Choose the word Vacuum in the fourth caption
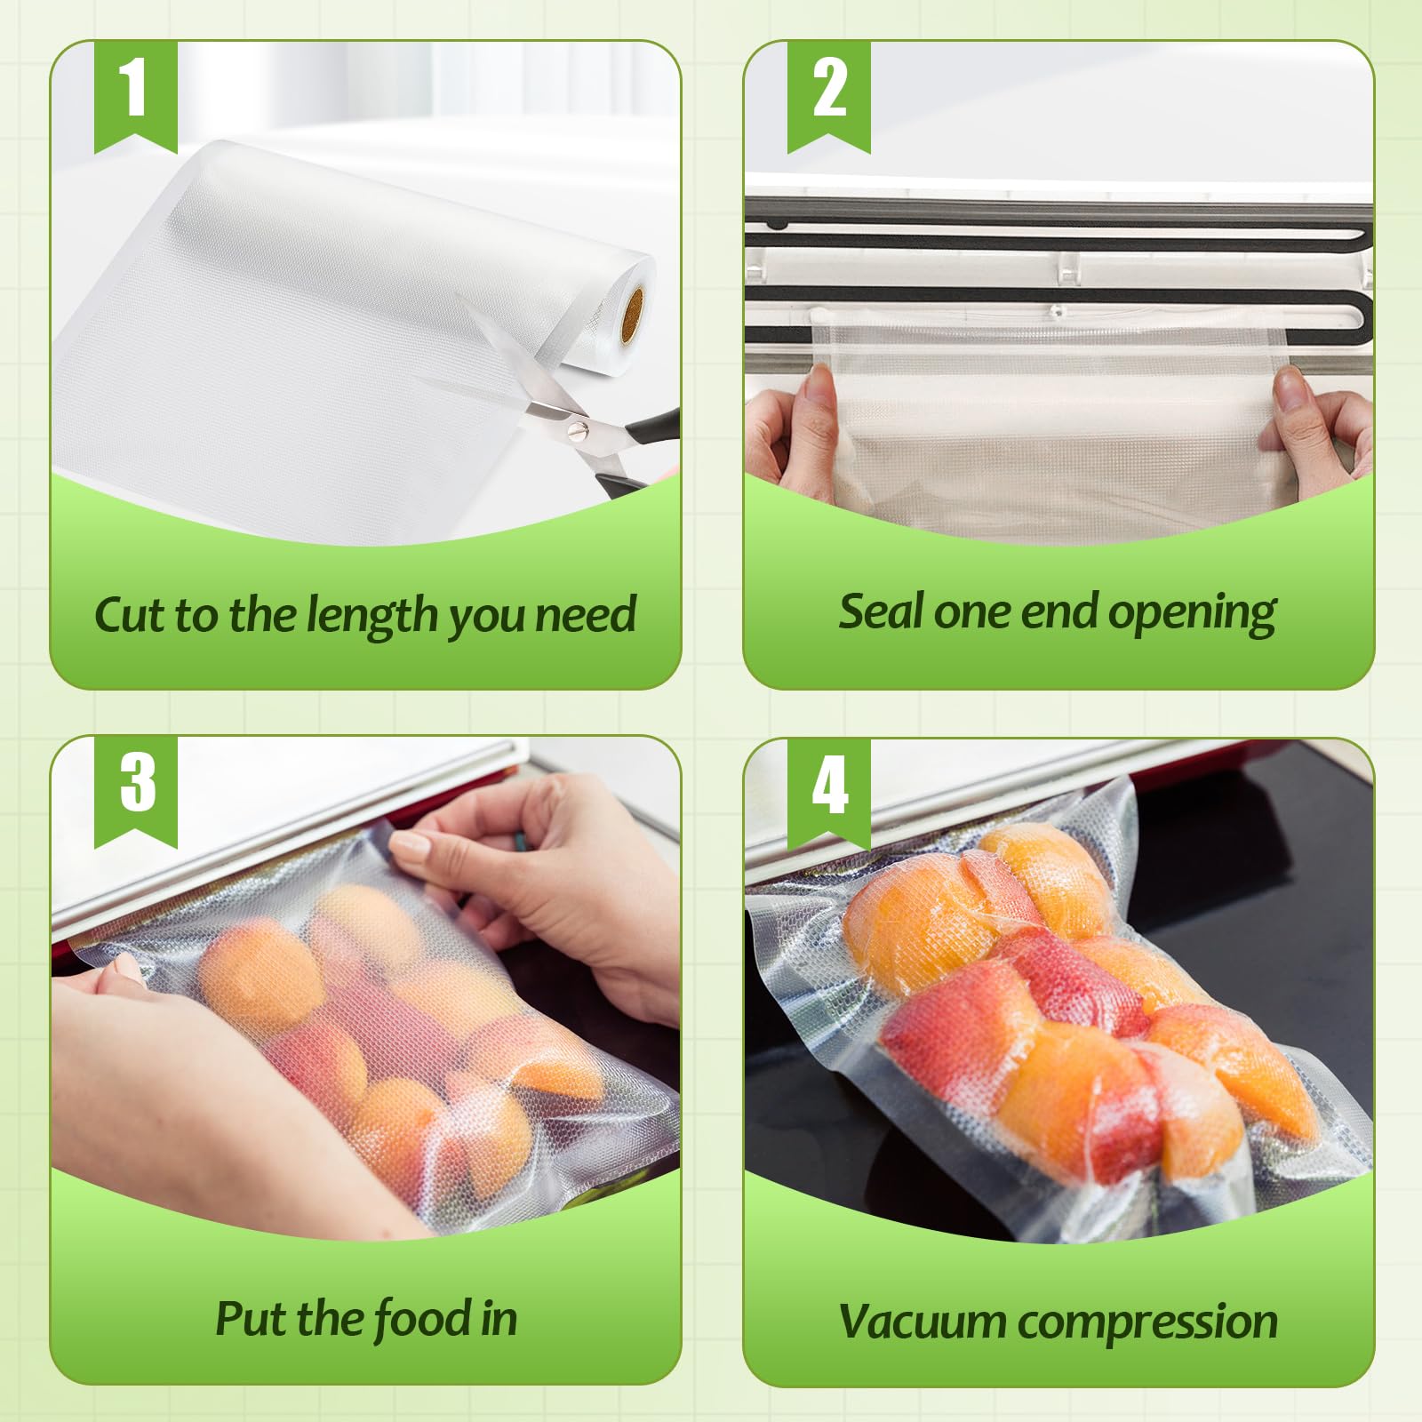924,1322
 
